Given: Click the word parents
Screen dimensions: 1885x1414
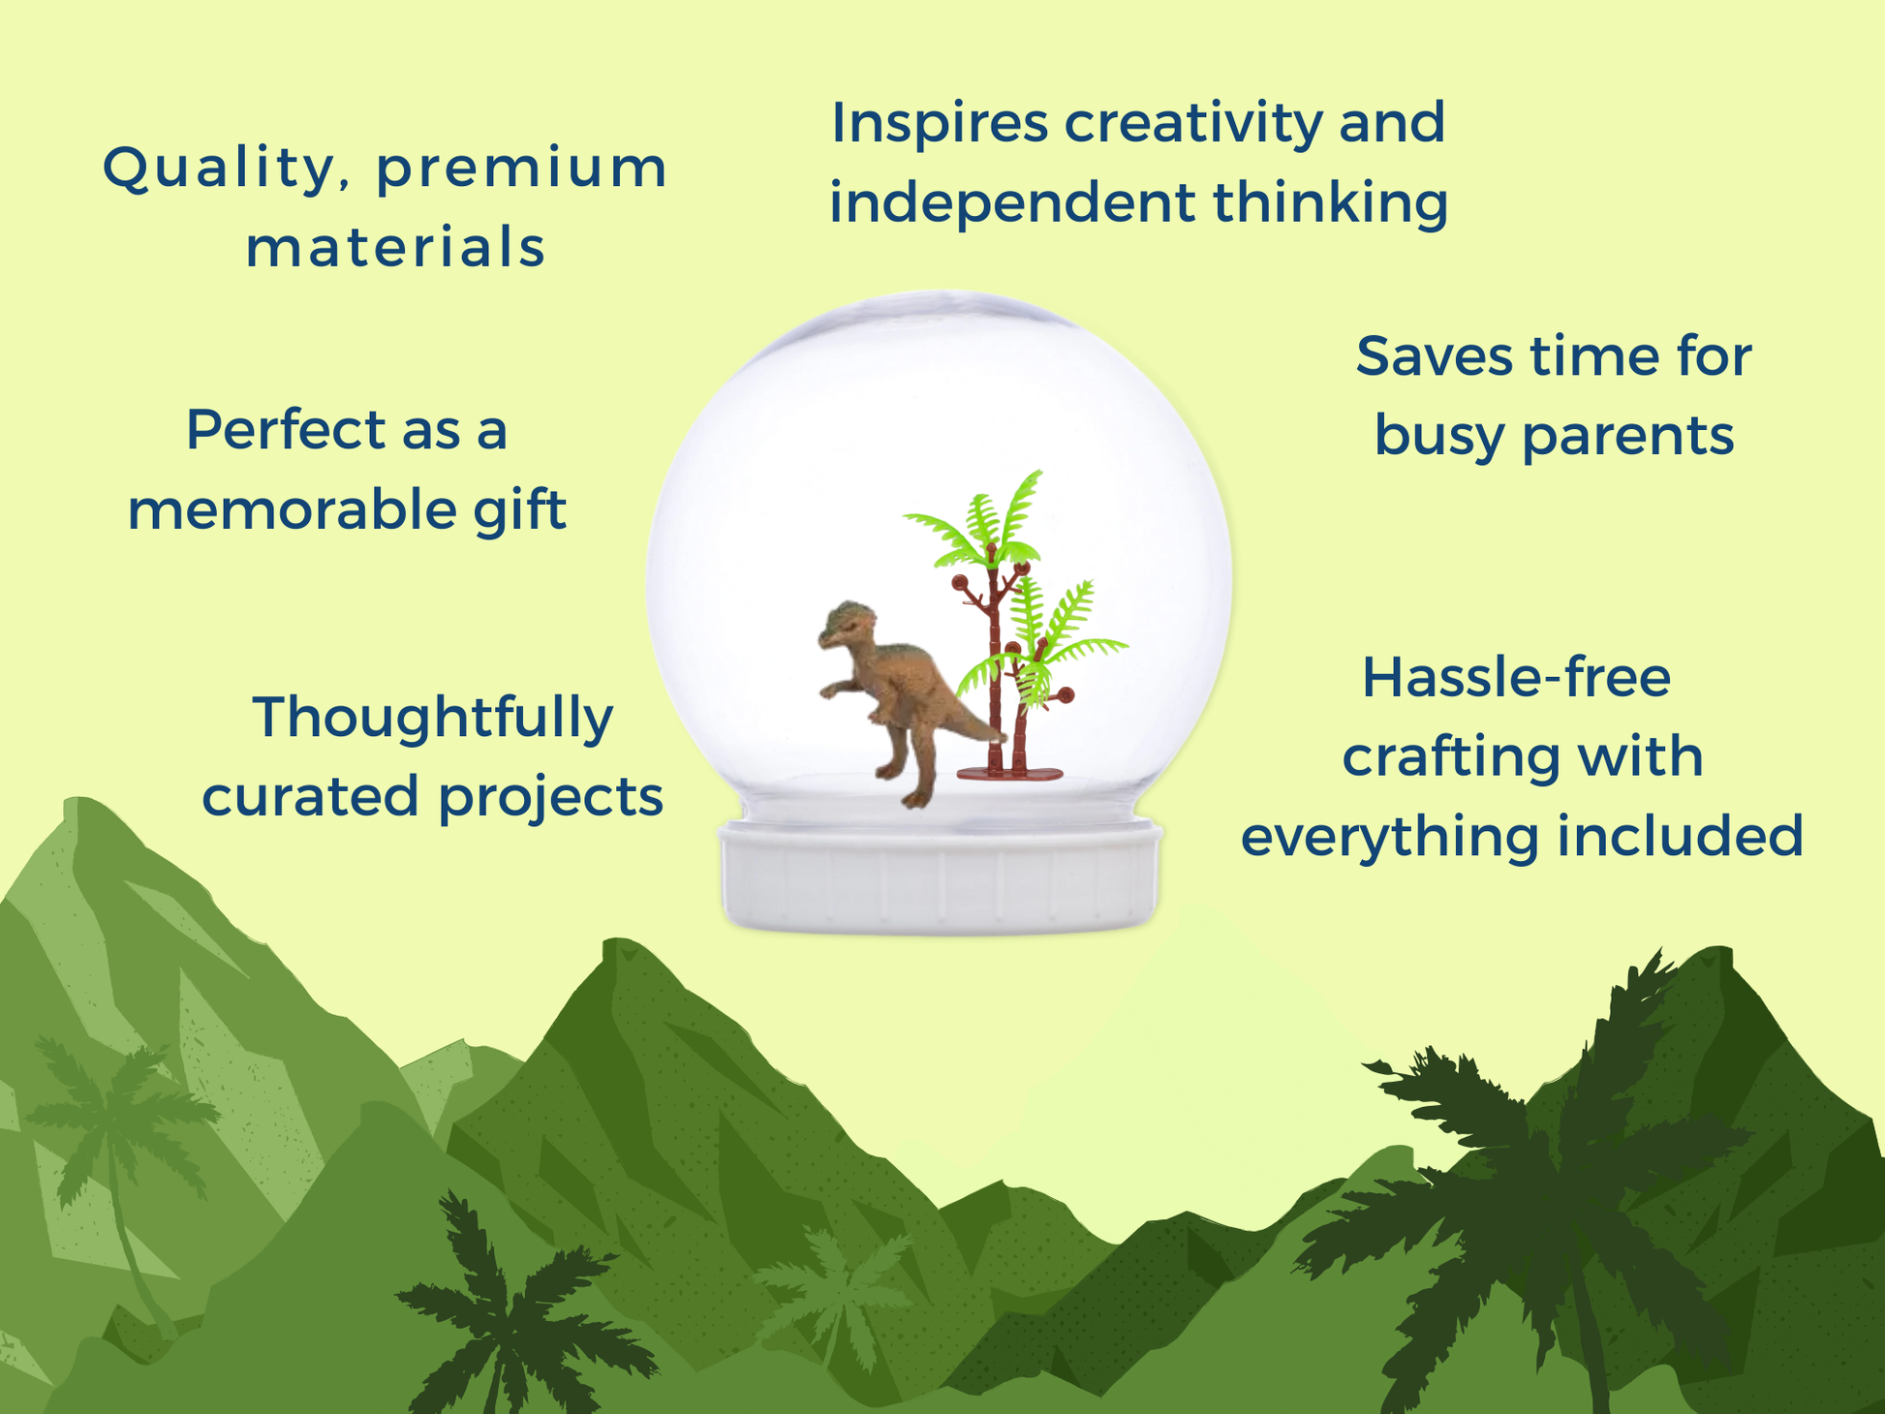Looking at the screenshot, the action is (1628, 438).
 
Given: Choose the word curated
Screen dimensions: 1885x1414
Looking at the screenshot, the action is (311, 796).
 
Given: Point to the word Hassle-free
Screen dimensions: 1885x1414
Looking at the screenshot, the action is (1516, 677).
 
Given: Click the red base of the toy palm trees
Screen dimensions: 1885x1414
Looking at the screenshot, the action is (1009, 773).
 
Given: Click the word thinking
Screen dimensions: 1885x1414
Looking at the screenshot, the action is (1331, 203).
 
